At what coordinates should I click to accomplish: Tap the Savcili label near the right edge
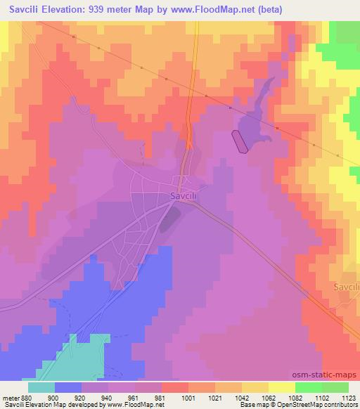pyautogui.click(x=345, y=287)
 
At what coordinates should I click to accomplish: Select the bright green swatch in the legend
pyautogui.click(x=308, y=387)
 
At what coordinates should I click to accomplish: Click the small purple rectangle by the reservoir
pyautogui.click(x=240, y=141)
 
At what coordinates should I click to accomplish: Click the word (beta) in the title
pyautogui.click(x=297, y=9)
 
